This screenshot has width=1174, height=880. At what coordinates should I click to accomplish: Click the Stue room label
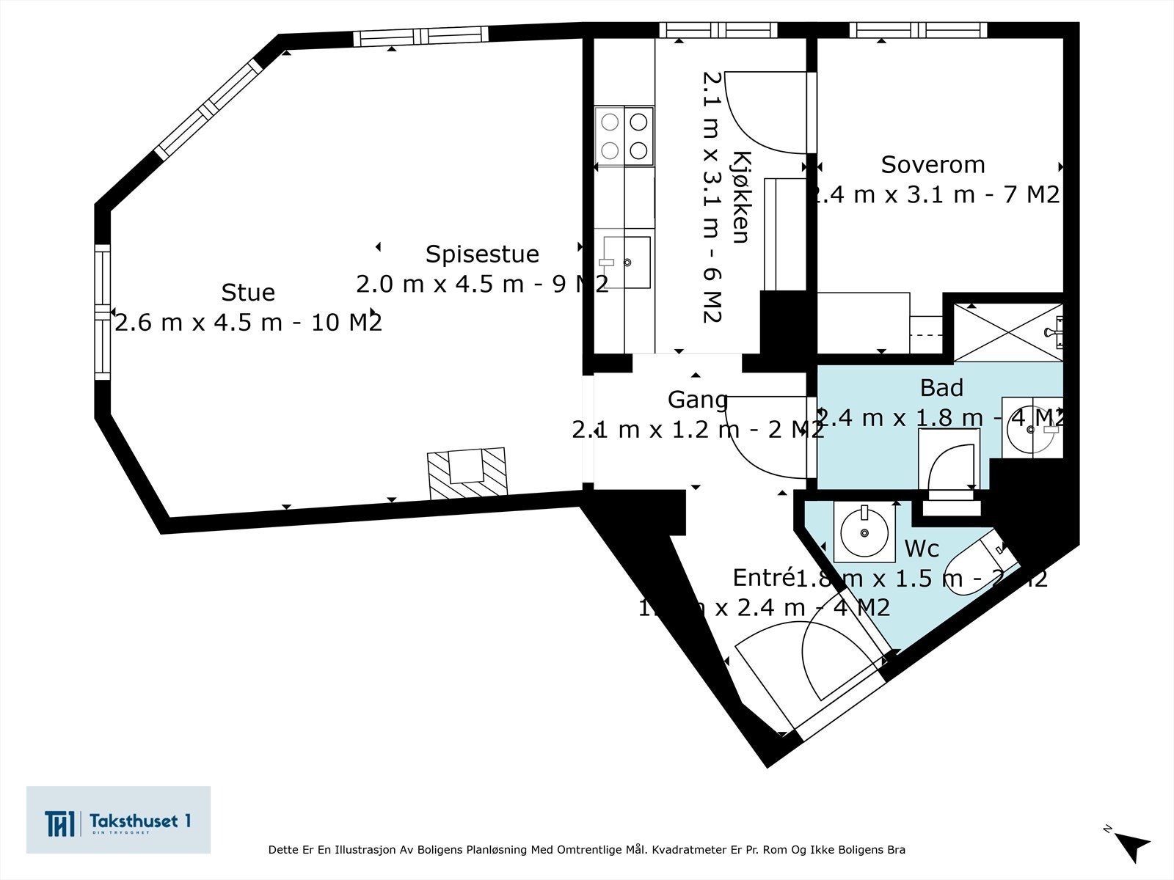pyautogui.click(x=248, y=293)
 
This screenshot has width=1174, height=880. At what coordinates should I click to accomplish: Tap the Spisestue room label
pyautogui.click(x=482, y=254)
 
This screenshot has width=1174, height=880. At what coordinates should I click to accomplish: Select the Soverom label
pyautogui.click(x=933, y=165)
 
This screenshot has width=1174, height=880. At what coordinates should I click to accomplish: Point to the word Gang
pyautogui.click(x=698, y=400)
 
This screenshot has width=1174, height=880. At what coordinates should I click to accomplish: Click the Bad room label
pyautogui.click(x=941, y=387)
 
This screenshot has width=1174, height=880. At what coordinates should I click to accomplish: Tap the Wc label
pyautogui.click(x=922, y=549)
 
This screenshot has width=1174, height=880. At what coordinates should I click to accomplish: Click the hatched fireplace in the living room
pyautogui.click(x=467, y=473)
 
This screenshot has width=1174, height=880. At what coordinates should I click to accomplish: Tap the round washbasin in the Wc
pyautogui.click(x=864, y=532)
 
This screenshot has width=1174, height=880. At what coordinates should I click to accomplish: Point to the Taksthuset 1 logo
pyautogui.click(x=118, y=820)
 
